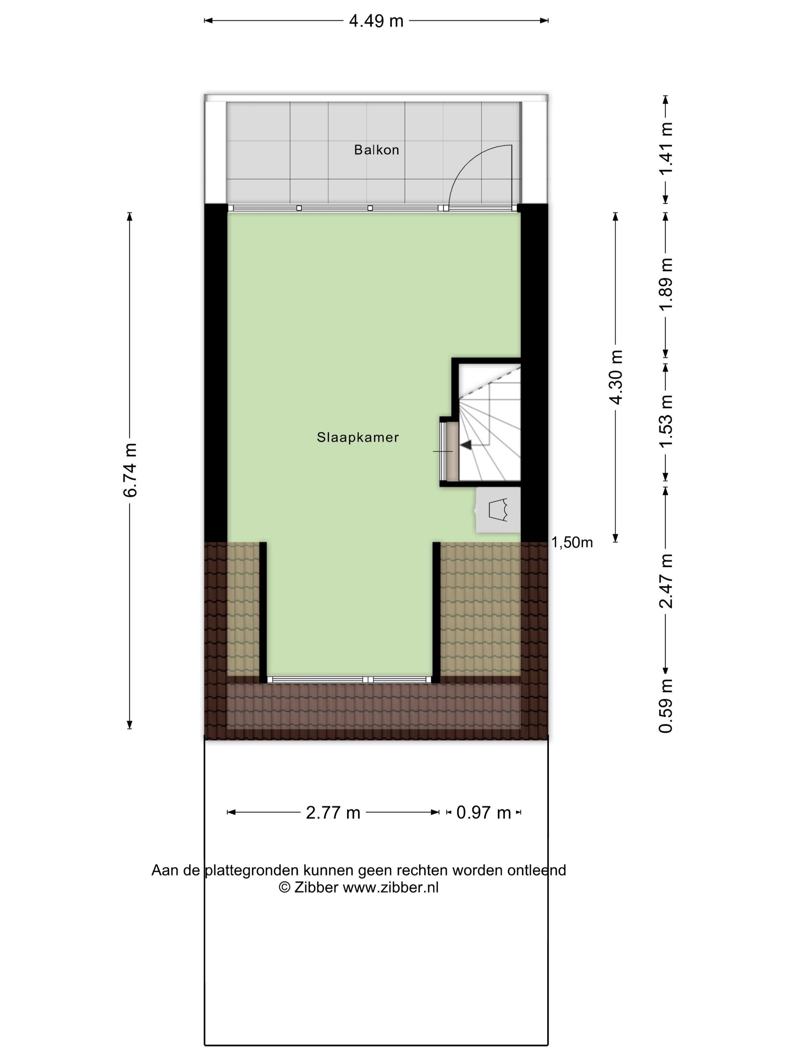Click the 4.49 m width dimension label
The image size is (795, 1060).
point(376,21)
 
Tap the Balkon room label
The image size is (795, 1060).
point(376,150)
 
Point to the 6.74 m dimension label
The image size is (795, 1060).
point(130,470)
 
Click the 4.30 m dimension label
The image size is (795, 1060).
point(616,377)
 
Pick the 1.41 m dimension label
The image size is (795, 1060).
point(666,148)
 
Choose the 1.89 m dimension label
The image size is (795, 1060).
point(666,284)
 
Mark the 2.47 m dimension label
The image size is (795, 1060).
point(666,581)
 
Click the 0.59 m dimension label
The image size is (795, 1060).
point(666,706)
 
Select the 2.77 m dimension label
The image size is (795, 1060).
point(333,813)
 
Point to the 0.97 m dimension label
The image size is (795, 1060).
point(483,813)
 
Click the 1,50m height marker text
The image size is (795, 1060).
point(572,542)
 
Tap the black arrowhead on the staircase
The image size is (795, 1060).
point(466,445)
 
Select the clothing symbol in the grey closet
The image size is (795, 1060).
point(498,510)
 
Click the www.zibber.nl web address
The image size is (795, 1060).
point(391,887)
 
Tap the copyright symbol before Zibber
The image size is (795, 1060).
point(285,887)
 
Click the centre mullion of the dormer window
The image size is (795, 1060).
point(368,680)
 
